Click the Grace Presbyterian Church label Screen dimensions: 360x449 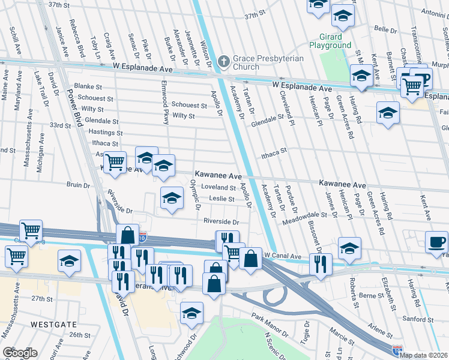pos(268,62)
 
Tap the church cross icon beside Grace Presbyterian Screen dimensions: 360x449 pos(223,61)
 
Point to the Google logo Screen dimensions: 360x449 pos(20,352)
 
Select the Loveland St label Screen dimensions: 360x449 pos(218,187)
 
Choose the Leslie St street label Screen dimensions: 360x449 pos(221,199)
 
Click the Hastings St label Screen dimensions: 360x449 pos(108,133)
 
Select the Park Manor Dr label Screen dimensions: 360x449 pos(271,325)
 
